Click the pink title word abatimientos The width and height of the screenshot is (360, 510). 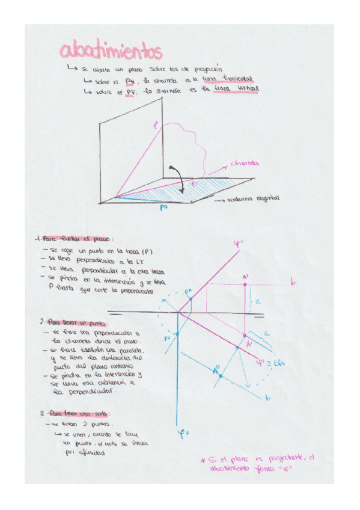click(x=111, y=51)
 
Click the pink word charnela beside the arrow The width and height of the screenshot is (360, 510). click(x=245, y=163)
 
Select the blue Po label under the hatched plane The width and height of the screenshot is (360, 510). click(x=163, y=207)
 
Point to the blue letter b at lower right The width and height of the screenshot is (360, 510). click(x=267, y=398)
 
